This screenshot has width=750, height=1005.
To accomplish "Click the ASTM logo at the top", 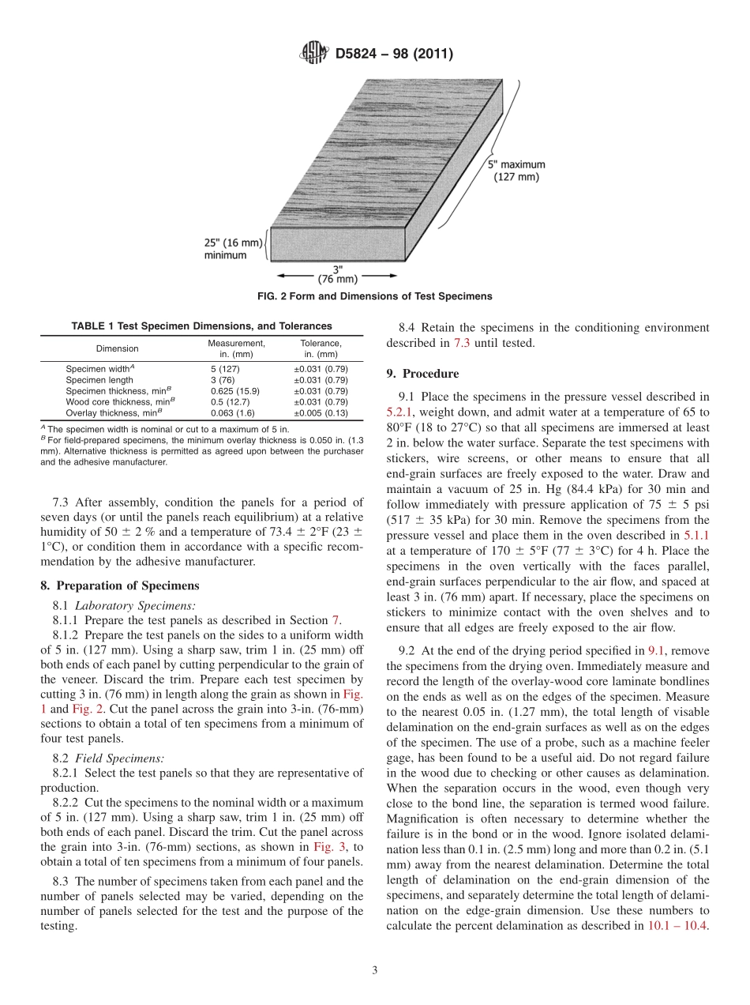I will [x=314, y=54].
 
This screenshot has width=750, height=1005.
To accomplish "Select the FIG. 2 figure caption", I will [x=374, y=296].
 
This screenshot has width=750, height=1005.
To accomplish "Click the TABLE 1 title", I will [x=201, y=326].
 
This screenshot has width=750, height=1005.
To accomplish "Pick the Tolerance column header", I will [x=321, y=348].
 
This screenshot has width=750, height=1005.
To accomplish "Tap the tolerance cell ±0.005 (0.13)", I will [x=321, y=412].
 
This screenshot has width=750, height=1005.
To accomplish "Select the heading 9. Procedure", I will [x=422, y=373].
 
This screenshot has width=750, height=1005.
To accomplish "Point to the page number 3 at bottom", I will [x=374, y=971].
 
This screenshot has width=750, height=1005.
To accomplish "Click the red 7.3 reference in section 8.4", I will [x=462, y=343].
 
